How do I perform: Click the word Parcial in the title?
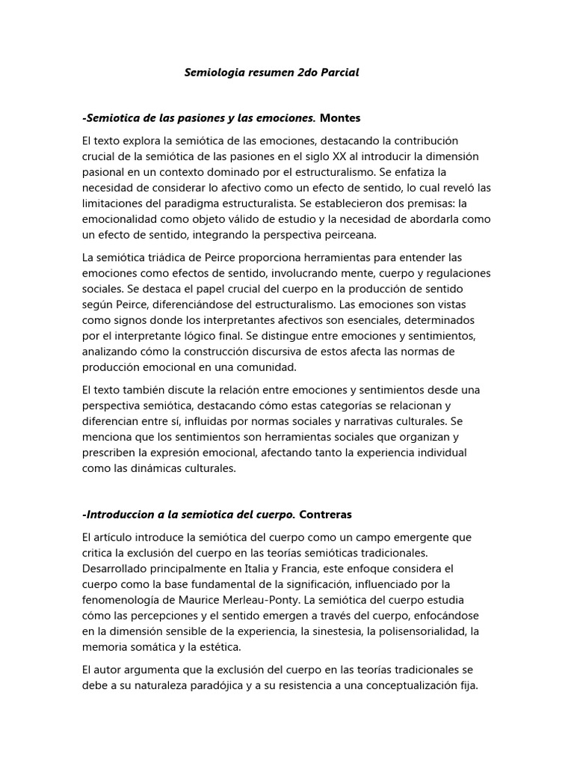[x=338, y=73]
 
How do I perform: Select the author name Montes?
[x=340, y=117]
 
